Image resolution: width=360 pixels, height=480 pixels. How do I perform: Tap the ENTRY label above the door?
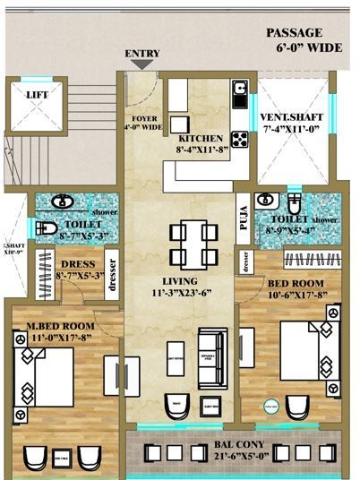[x=141, y=55]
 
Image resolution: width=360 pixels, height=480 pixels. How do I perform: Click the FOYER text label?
[x=144, y=117]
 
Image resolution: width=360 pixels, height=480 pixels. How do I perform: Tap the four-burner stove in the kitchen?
[x=240, y=138]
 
